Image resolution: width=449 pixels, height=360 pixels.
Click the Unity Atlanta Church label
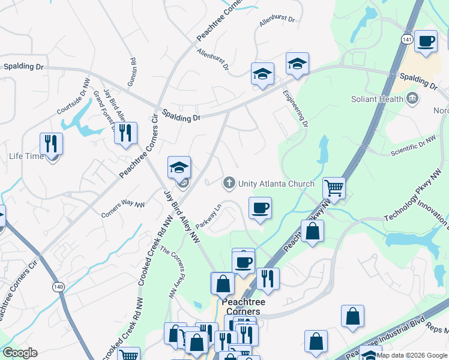coord(276,184)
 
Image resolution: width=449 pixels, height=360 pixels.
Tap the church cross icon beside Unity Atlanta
coord(229,182)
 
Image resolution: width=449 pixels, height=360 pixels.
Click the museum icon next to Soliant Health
coord(412,98)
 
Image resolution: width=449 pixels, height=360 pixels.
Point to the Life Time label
coord(26,156)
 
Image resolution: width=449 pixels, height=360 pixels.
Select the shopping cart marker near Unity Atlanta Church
coord(334,188)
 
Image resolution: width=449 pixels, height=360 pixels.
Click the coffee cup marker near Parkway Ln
coord(260,208)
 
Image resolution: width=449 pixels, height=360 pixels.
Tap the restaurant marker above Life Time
coord(51,143)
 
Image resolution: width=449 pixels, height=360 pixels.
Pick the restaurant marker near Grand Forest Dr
coord(125,133)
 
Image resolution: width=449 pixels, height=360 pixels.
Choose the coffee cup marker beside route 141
coord(426,41)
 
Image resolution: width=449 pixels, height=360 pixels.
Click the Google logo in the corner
coord(19,353)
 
